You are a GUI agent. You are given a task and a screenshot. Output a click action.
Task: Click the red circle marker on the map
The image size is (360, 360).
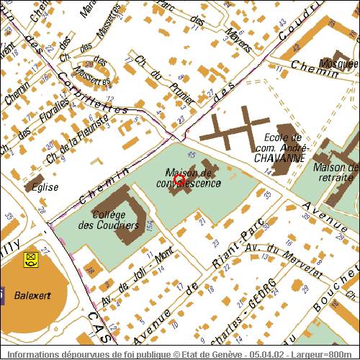coord(179,181)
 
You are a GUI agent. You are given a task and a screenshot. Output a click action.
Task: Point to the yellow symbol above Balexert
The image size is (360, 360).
coord(31,258)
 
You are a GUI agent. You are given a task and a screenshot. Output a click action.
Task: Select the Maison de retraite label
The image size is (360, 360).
coord(336,172)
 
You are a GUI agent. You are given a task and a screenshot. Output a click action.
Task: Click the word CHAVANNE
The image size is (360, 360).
coord(280,157)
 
